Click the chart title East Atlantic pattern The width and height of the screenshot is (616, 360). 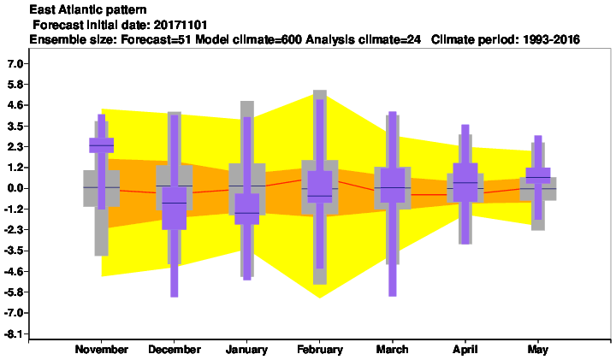(88, 9)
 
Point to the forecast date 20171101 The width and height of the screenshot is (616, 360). (181, 25)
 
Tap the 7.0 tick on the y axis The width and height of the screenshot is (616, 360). (15, 63)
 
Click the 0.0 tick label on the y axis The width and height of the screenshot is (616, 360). (15, 188)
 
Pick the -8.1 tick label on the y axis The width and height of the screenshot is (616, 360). (14, 334)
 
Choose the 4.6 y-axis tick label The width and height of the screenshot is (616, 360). (15, 105)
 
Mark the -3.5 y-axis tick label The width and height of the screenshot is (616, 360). (14, 251)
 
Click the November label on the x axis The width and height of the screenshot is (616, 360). (101, 350)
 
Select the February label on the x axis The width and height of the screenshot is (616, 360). (320, 350)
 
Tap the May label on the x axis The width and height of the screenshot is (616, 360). (538, 350)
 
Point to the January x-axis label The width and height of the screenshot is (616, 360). (246, 350)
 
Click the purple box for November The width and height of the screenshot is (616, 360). (101, 145)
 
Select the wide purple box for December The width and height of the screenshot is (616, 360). (175, 208)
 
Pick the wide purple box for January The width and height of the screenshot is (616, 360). (246, 209)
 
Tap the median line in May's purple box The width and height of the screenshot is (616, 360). (538, 178)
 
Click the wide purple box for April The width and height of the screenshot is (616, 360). (465, 182)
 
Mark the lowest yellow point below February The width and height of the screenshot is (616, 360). (320, 298)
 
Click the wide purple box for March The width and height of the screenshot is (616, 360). (393, 186)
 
